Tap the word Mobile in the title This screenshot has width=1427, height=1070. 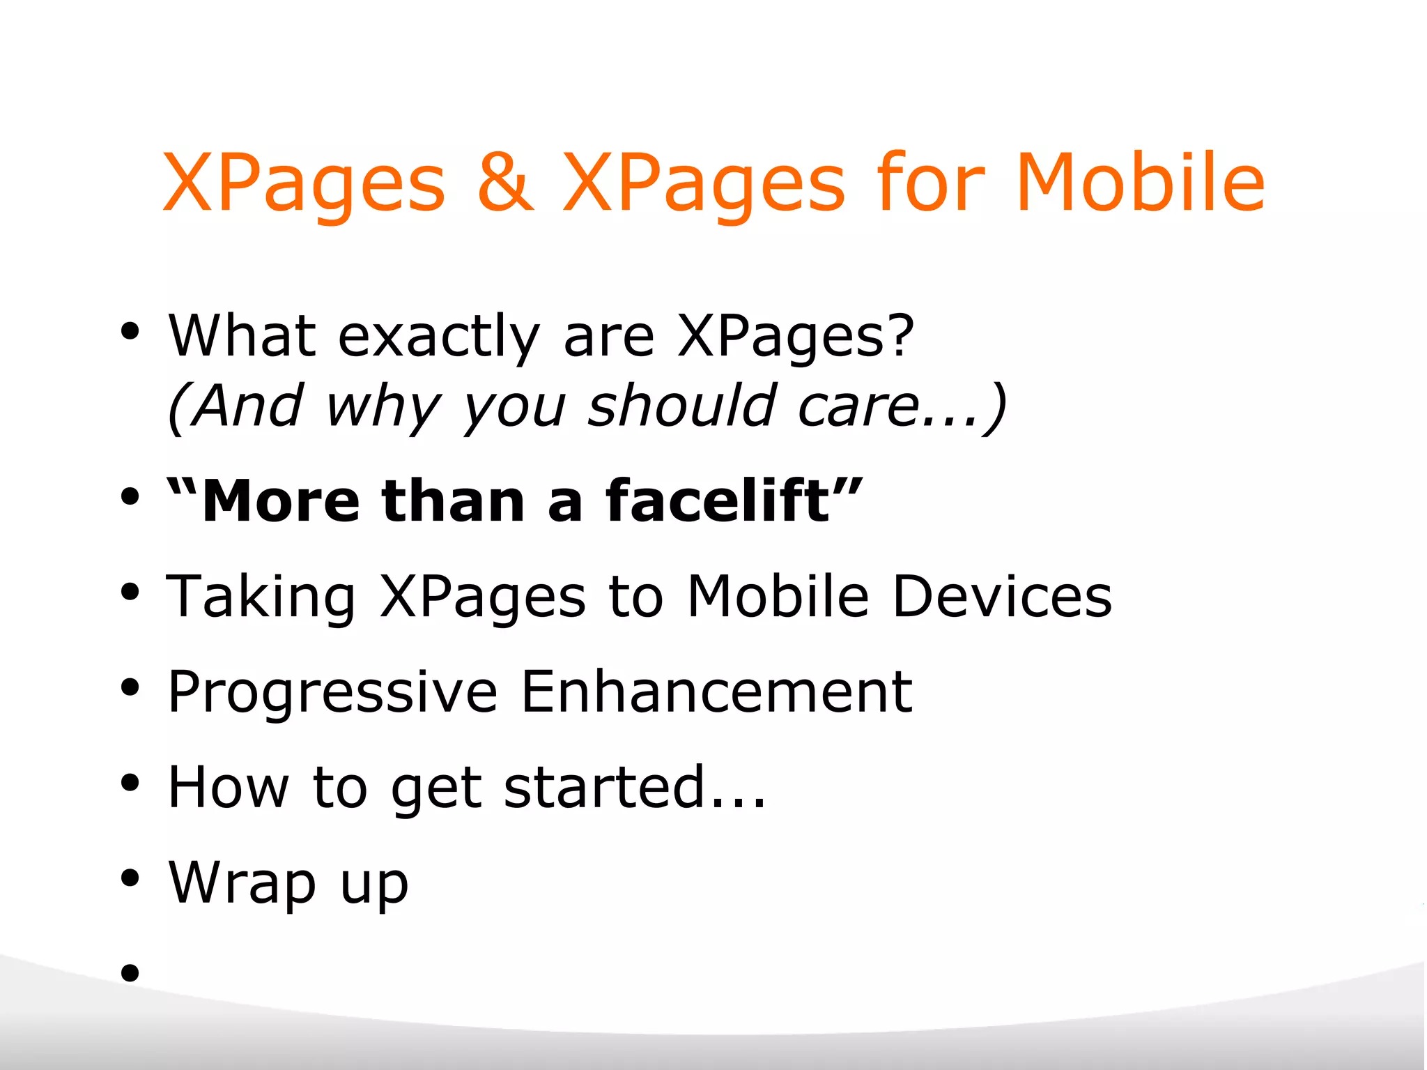(1140, 183)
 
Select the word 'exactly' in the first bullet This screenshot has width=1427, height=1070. (439, 337)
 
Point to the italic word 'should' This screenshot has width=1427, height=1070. (682, 406)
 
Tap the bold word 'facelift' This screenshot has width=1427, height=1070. (718, 500)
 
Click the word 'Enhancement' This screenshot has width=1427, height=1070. (716, 691)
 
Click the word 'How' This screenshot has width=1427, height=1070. (229, 788)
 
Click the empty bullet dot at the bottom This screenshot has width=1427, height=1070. (130, 972)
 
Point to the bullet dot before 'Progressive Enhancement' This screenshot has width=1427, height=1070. (130, 687)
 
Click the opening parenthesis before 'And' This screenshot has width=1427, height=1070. (177, 408)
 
